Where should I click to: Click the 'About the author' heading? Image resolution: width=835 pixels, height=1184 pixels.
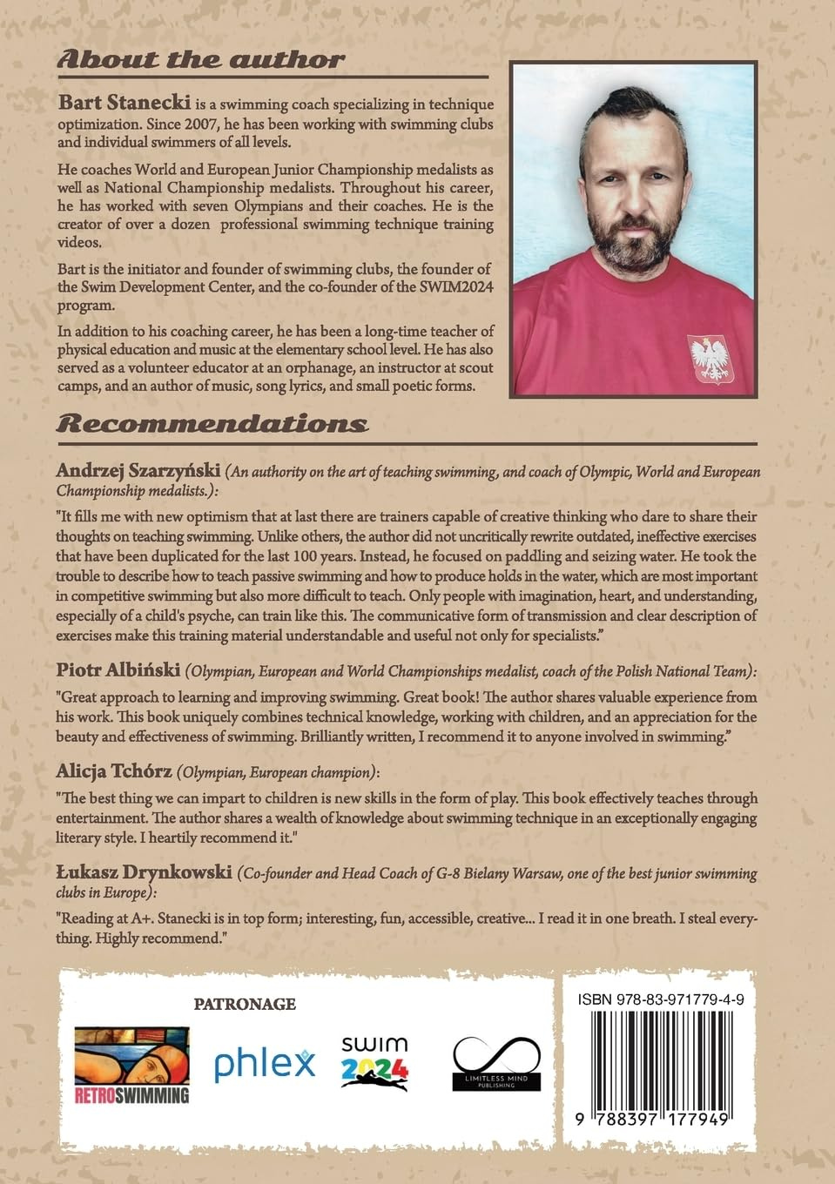[x=200, y=60]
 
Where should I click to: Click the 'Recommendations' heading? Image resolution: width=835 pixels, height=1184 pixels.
[x=212, y=424]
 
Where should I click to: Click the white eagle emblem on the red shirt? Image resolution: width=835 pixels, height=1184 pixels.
[x=710, y=358]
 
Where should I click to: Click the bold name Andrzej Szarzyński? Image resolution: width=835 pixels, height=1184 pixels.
[x=138, y=471]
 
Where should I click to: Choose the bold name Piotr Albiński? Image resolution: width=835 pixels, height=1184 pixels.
[x=118, y=671]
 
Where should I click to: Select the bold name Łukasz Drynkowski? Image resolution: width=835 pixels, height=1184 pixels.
[x=143, y=873]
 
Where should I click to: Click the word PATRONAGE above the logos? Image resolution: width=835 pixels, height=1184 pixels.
[x=245, y=1004]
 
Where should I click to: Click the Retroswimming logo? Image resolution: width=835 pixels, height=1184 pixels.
[x=131, y=1065]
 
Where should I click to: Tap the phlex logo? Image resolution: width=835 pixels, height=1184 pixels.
[x=265, y=1063]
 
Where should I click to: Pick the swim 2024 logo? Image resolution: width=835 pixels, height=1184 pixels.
[x=374, y=1062]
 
